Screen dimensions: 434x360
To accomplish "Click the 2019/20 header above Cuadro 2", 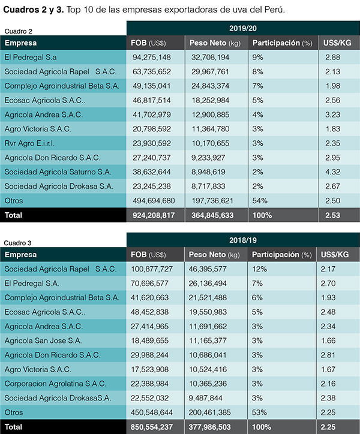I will [242, 28].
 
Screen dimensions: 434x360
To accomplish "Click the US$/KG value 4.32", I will [332, 171].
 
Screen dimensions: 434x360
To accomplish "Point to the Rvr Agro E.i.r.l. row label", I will [31, 143].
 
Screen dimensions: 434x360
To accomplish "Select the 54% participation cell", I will [260, 200].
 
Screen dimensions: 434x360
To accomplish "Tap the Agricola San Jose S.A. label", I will [43, 340].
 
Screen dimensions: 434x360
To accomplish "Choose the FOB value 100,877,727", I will [155, 269].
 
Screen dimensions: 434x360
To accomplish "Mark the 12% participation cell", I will [260, 269].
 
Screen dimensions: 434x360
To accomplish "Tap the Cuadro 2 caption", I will [19, 31].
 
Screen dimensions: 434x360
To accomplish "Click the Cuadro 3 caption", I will [19, 243].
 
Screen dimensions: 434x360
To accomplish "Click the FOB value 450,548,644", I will [156, 412].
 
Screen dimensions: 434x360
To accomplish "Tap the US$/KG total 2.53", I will [332, 215].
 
